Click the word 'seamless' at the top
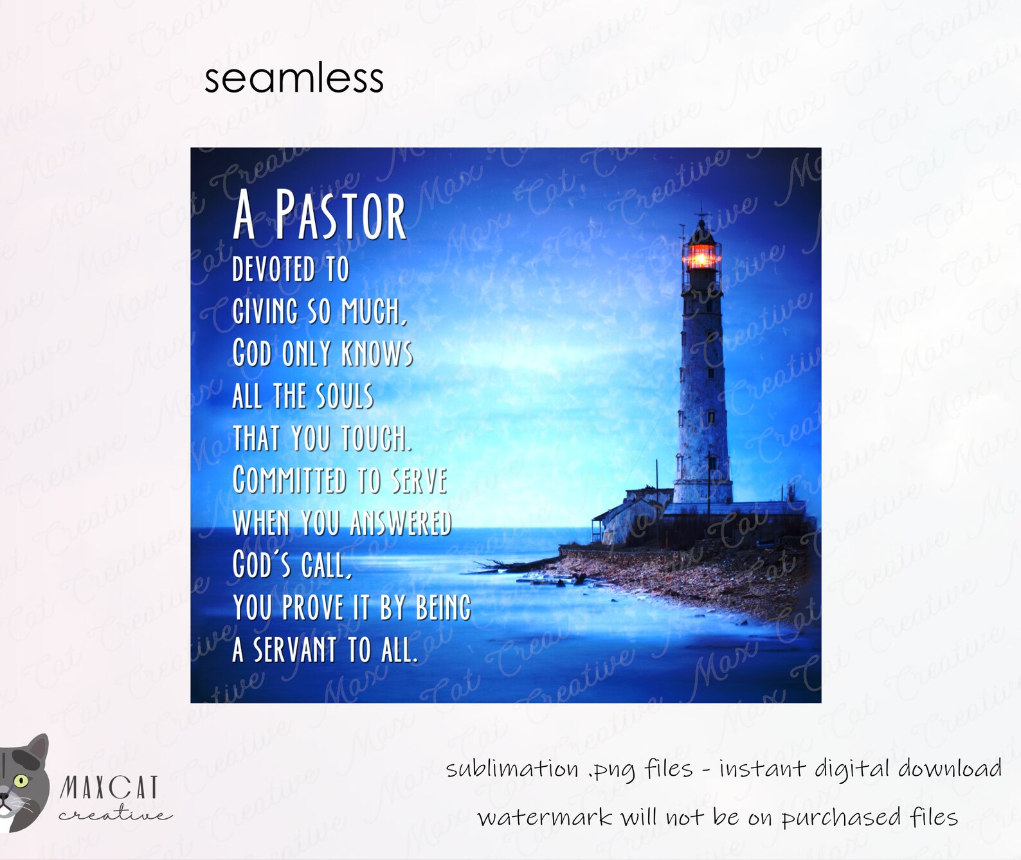point(294,78)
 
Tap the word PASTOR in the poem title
point(341,215)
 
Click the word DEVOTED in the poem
point(273,269)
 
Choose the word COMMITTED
point(289,480)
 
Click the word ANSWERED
point(401,523)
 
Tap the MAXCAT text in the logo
point(109,787)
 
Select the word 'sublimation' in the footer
point(512,769)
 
